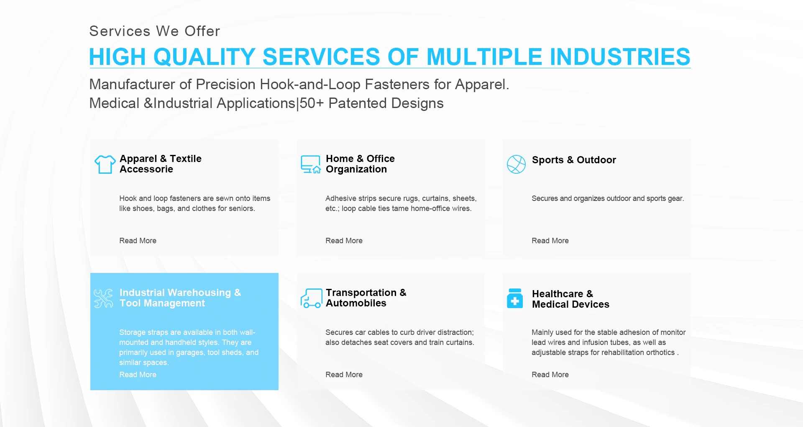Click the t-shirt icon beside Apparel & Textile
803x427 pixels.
[x=105, y=164]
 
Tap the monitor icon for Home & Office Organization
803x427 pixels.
[x=311, y=164]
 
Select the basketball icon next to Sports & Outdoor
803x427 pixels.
[x=516, y=164]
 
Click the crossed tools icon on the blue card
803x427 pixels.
[x=103, y=298]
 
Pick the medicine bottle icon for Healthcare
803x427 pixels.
[x=515, y=298]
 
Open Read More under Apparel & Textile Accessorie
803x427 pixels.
[x=138, y=241]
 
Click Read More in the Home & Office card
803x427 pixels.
[x=344, y=241]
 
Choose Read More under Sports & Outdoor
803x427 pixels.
[x=550, y=241]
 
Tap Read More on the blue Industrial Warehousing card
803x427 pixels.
[x=138, y=375]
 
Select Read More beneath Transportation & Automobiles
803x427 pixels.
[x=344, y=375]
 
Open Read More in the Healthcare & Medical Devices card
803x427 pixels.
[x=550, y=375]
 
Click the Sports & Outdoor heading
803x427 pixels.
[x=574, y=160]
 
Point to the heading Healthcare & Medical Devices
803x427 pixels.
[x=570, y=299]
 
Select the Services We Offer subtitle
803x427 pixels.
[x=155, y=31]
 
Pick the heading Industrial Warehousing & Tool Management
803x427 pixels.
[x=180, y=298]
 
